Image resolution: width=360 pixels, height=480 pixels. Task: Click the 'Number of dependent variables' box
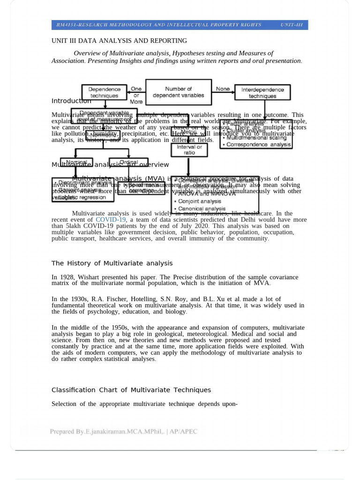coord(178,92)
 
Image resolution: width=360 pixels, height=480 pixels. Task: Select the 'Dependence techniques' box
coord(104,92)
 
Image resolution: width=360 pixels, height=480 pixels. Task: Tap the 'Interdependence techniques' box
coord(262,92)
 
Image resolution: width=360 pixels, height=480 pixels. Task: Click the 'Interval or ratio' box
coord(189,150)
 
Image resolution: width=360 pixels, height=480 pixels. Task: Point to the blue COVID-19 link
coord(111,219)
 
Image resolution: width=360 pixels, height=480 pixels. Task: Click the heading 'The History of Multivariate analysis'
coord(112,263)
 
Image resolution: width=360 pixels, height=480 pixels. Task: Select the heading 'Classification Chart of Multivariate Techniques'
coord(131,390)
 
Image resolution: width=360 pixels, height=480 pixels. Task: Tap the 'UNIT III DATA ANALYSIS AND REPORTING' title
coord(119,41)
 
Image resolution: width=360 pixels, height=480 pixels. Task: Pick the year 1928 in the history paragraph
coord(66,277)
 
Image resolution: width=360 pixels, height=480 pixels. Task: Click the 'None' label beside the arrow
coord(223,89)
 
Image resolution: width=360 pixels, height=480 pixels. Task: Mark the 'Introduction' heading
coord(71,101)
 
